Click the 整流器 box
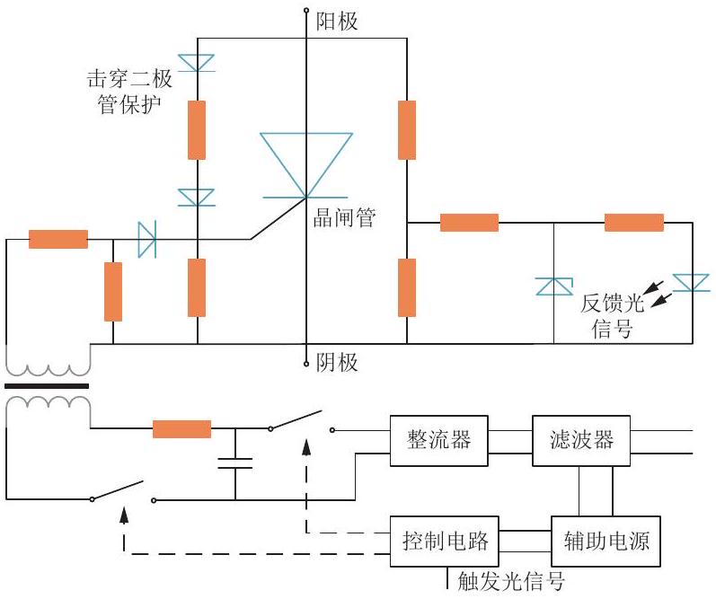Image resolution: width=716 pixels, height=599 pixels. [x=438, y=441]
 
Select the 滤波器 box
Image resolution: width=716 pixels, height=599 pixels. [x=581, y=441]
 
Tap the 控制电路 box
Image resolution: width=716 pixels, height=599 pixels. [x=445, y=542]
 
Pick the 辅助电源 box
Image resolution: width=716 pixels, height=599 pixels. [x=606, y=542]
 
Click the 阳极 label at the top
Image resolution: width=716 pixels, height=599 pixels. [x=337, y=22]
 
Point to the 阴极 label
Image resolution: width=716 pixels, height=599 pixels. [x=337, y=363]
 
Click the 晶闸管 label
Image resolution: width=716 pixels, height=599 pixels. [x=345, y=217]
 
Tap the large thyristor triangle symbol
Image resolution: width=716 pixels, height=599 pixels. [x=306, y=165]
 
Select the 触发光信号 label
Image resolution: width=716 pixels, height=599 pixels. [x=511, y=581]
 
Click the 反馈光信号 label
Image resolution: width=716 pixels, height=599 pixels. [x=613, y=316]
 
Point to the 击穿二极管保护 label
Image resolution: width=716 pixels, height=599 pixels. [x=129, y=92]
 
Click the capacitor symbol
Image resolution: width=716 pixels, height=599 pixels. [x=235, y=463]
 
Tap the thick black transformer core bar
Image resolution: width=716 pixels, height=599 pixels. [x=47, y=386]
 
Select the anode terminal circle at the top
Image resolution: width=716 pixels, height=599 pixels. [x=306, y=10]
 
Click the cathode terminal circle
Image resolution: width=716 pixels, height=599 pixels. [x=306, y=364]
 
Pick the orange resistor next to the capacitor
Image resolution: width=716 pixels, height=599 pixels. [x=181, y=429]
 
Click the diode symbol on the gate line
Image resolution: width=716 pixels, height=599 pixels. [x=147, y=239]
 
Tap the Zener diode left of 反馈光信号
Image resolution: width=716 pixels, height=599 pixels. [x=554, y=286]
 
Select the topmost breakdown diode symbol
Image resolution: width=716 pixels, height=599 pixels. [x=197, y=63]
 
